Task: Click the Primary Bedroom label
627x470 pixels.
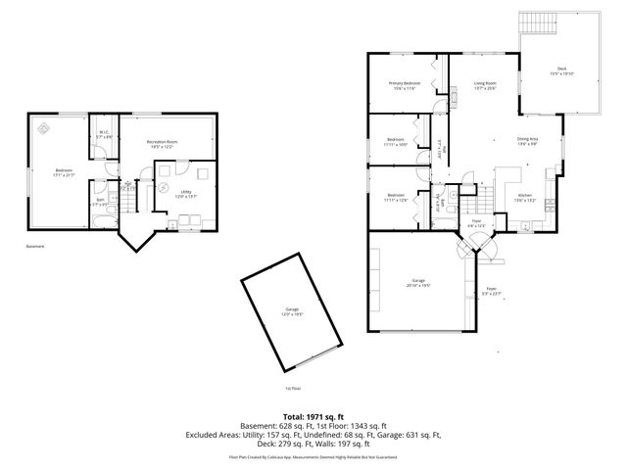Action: click(404, 85)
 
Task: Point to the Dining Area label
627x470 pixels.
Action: click(527, 141)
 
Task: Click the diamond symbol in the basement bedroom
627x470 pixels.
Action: click(43, 127)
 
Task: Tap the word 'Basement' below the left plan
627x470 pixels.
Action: click(36, 246)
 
